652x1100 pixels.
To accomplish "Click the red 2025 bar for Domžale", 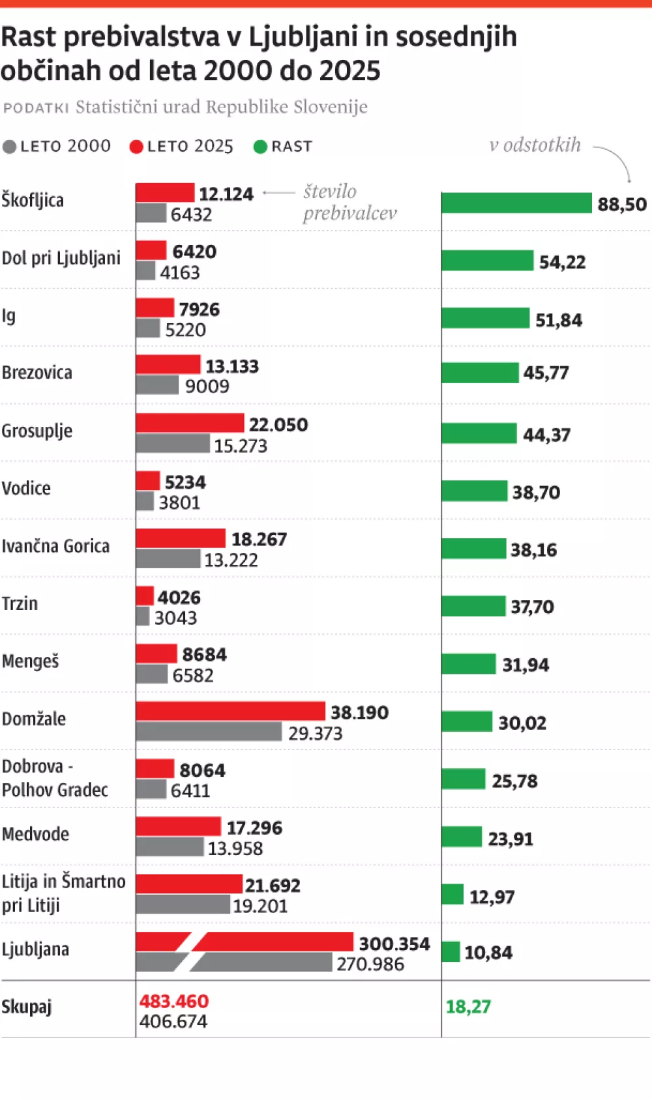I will point(230,711).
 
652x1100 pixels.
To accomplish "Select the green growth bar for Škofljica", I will point(516,203).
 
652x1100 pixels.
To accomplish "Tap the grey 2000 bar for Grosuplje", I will point(173,444).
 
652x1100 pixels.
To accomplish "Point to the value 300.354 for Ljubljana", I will point(394,944).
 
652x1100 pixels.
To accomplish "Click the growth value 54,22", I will point(562,262).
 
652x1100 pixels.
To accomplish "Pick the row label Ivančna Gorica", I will point(55,546).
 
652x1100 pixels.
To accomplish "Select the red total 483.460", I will point(173,1001).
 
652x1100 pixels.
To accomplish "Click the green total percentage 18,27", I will point(468,1007).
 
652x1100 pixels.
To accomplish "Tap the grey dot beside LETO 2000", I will point(9,147).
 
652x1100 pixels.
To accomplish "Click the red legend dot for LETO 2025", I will point(136,147).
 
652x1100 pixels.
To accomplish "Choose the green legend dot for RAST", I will point(260,147).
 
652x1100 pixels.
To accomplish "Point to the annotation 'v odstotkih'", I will point(535,145).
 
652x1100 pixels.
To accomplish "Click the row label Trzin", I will point(20,603).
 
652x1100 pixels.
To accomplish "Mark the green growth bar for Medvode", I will point(462,837).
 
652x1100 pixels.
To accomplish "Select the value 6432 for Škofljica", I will point(191,214).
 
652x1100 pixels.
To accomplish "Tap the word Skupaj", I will point(26,1007).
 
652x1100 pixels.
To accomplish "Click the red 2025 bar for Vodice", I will point(148,481).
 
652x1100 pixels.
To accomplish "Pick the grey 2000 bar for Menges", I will point(152,674).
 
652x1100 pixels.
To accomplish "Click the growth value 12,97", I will point(492,897).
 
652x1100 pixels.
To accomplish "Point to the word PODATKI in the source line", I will point(36,108).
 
